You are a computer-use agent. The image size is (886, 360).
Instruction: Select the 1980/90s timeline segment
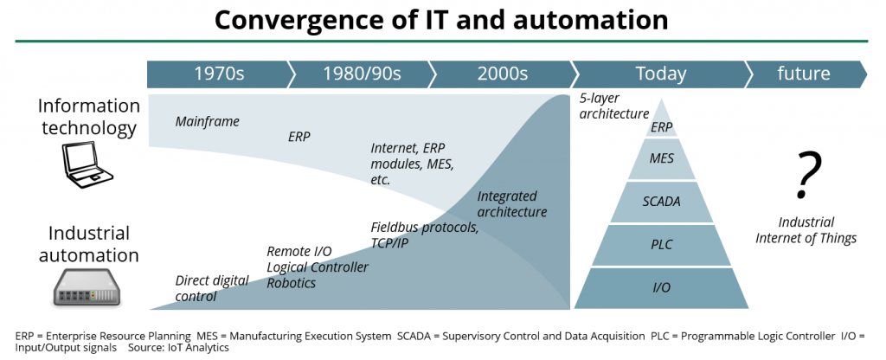coord(362,74)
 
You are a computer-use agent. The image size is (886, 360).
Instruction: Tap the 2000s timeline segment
coord(503,74)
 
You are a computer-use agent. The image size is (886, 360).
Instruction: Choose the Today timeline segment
coord(660,74)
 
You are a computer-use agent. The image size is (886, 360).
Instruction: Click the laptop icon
coord(87,164)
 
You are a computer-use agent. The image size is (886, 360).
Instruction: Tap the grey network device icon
coord(87,289)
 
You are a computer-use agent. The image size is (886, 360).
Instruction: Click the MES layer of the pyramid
coord(661,159)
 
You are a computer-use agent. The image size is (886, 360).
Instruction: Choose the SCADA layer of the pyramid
coord(661,202)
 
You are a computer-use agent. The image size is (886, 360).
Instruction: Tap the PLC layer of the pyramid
coord(661,245)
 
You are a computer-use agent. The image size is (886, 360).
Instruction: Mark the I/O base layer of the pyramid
coord(661,288)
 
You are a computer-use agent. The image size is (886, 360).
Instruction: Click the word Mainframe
coord(207,122)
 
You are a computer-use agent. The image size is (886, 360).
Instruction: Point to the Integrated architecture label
coord(512,204)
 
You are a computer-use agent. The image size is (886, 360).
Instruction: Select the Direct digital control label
coord(212,288)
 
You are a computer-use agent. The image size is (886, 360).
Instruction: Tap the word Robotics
coord(291,283)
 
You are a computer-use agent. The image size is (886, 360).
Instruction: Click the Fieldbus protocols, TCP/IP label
coord(425,235)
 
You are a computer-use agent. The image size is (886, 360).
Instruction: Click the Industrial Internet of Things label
coord(806,230)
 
